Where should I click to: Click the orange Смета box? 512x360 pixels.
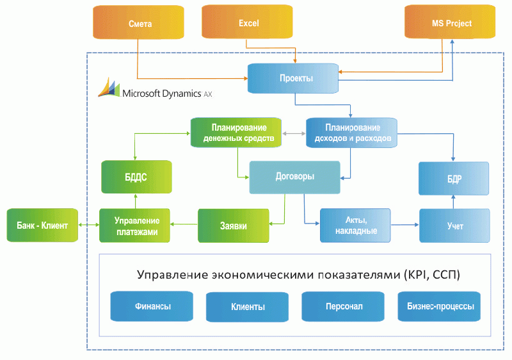[x=139, y=23]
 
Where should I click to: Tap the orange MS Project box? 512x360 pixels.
[x=451, y=23]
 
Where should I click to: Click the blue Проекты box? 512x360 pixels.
[x=293, y=78]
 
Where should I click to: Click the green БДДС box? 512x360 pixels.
[x=135, y=177]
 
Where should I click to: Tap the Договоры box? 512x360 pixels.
[x=294, y=177]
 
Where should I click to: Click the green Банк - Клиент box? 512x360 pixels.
[x=42, y=225]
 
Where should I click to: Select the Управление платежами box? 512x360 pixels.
[x=135, y=225]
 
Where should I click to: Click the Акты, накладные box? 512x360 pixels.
[x=355, y=225]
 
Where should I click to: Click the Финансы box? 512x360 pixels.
[x=152, y=307]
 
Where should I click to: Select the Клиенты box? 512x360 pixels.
[x=247, y=307]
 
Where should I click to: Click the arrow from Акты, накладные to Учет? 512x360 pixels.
[x=404, y=225]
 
